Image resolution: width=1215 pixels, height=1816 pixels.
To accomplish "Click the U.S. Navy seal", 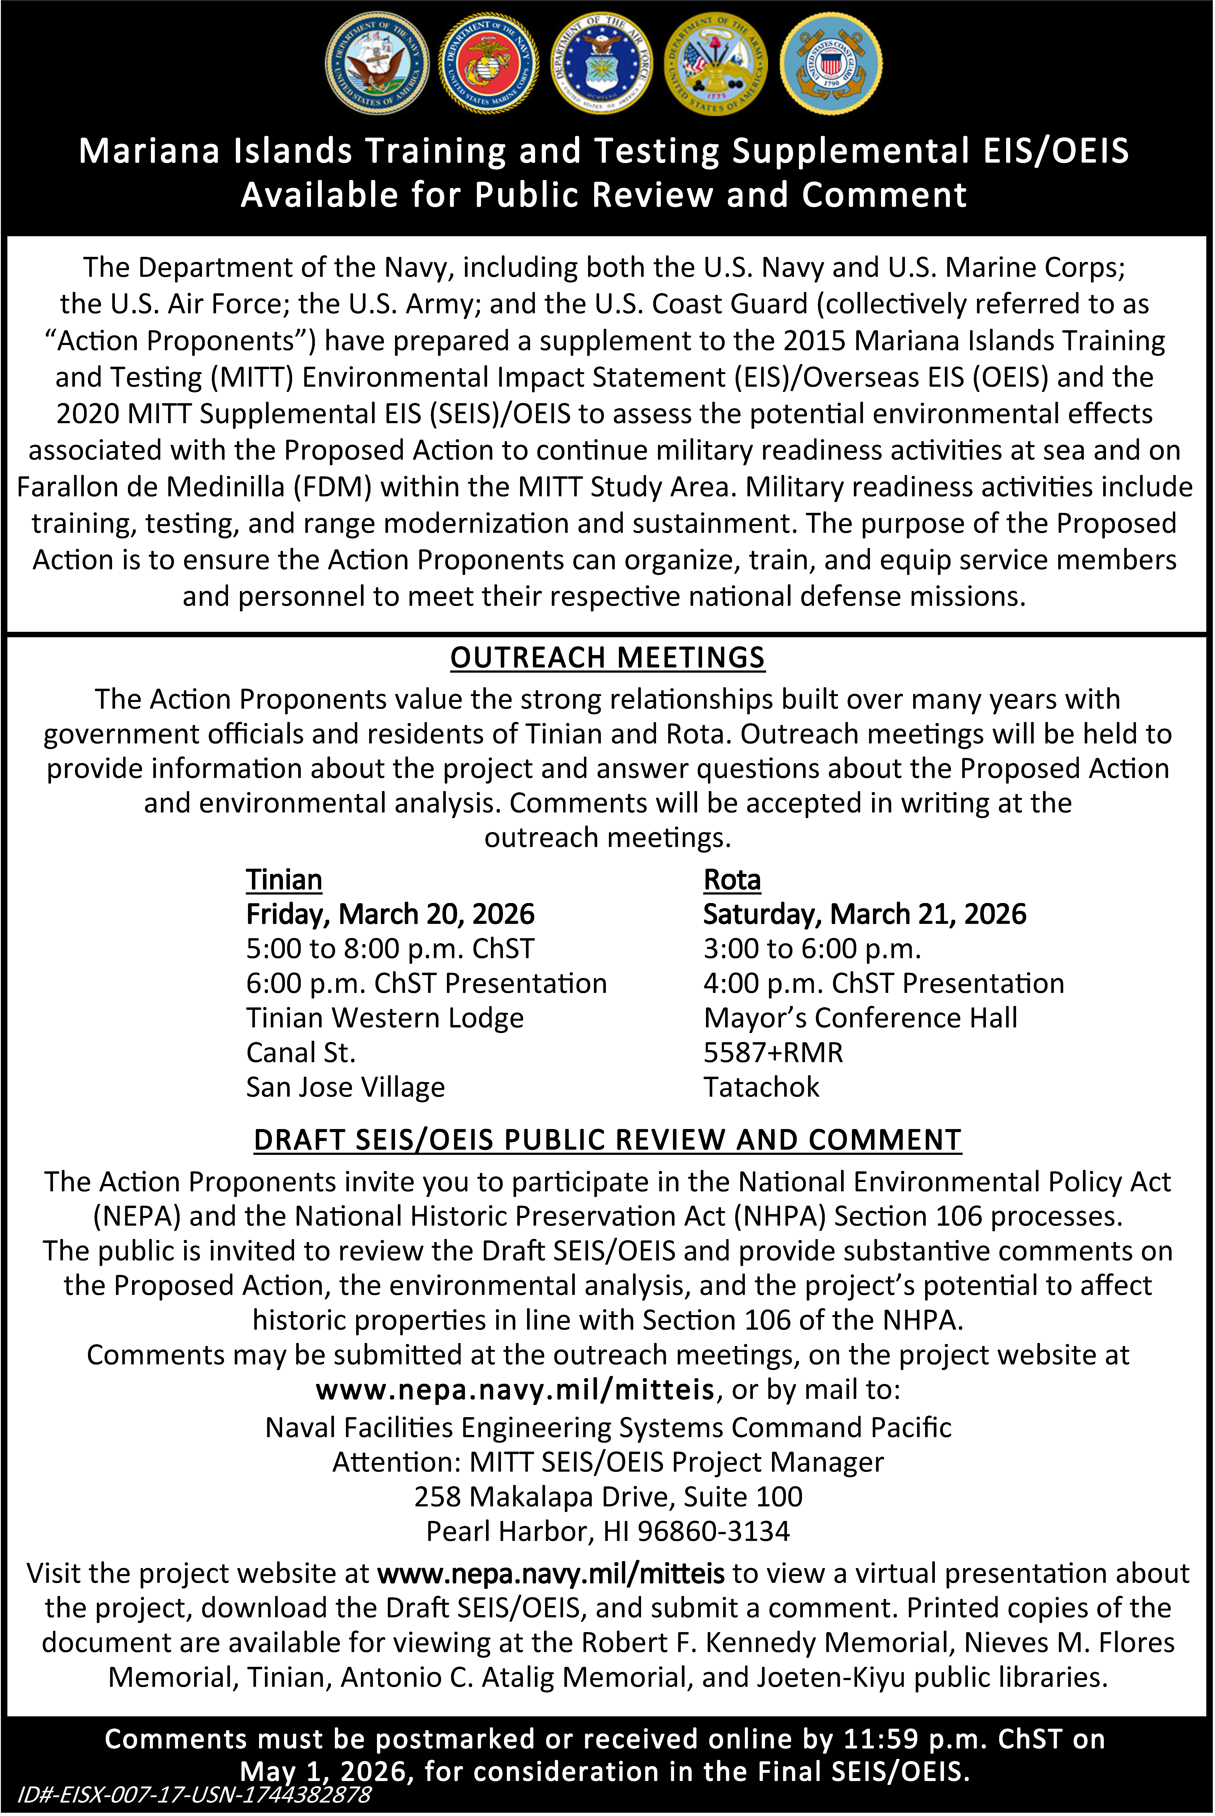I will pos(377,64).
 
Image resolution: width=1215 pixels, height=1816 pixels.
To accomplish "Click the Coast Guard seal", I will pos(831,64).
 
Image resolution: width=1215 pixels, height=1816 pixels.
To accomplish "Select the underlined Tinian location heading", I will pos(284,880).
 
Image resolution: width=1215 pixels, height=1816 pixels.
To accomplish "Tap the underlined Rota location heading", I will pos(731,880).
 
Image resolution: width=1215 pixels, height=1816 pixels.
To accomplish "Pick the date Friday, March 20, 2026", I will pos(390,914).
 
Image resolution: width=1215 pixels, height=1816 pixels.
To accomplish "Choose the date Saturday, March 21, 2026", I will pos(864,914).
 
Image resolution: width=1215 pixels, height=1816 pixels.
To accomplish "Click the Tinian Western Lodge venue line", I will pos(384,1018).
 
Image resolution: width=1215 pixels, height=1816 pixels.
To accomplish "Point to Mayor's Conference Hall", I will pos(860,1018).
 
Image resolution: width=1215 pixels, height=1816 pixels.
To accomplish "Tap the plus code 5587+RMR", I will pos(773,1053).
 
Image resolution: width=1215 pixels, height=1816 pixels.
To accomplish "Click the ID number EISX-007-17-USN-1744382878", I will pos(194,1794).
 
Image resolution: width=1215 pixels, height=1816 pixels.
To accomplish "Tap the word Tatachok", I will pos(761,1088).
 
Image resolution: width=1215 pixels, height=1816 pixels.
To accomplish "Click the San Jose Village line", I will pos(345,1088).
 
